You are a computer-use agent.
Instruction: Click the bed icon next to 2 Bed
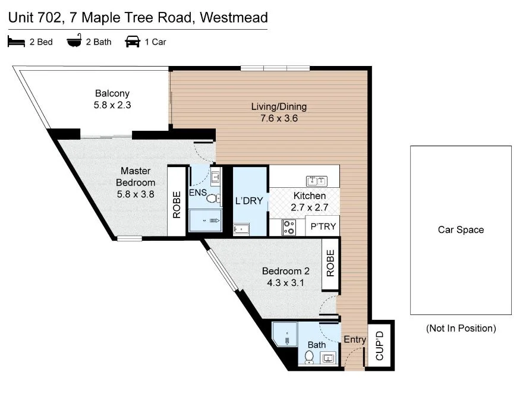pos(15,42)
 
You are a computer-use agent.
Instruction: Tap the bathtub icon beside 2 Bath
pos(74,42)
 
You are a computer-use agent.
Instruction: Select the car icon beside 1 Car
pos(132,42)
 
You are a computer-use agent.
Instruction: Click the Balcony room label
pos(112,93)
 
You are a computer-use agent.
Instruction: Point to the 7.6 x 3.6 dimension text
pos(279,118)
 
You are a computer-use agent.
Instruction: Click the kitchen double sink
pos(316,181)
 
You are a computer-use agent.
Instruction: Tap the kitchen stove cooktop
pos(289,226)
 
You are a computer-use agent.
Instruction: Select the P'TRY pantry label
pos(323,226)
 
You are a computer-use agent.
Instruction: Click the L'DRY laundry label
pos(249,201)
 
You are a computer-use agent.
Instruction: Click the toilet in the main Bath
pos(309,357)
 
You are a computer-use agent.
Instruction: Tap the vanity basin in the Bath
pos(327,358)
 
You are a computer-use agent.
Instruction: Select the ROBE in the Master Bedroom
pos(177,205)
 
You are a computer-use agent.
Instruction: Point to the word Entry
pos(355,339)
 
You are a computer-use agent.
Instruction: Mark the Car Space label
pos(461,230)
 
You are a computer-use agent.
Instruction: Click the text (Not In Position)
pos(461,328)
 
